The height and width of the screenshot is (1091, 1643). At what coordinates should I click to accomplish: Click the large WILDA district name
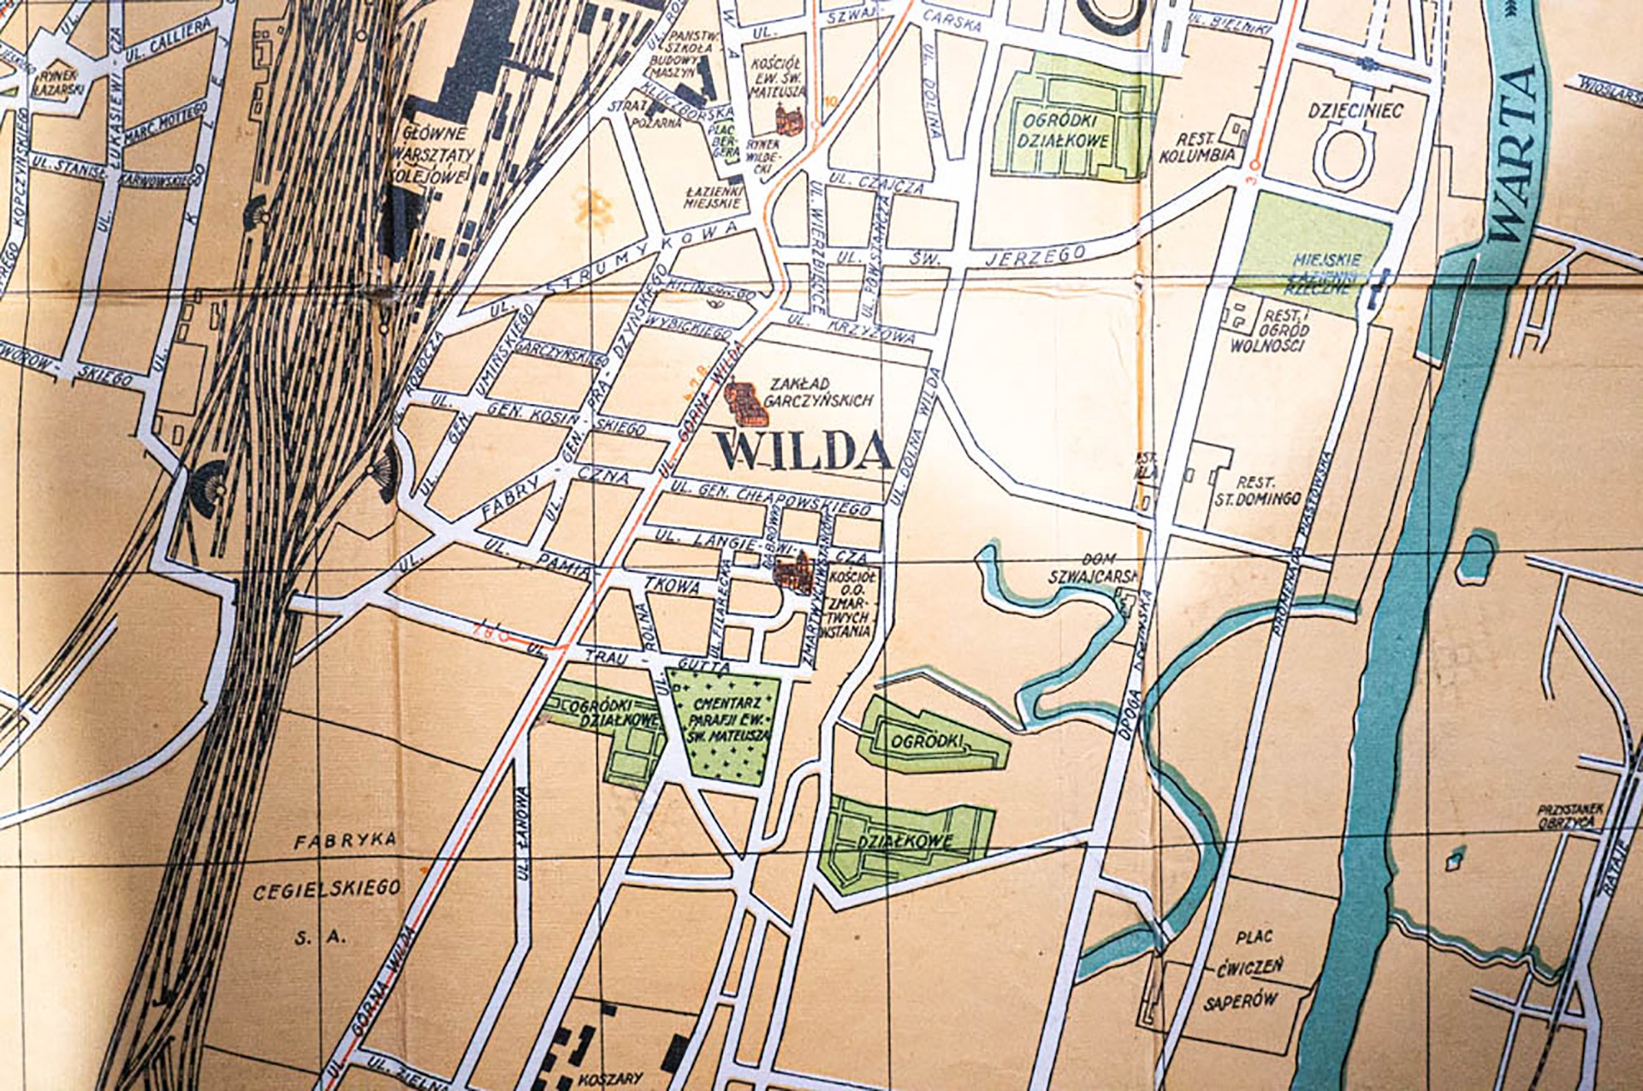[804, 452]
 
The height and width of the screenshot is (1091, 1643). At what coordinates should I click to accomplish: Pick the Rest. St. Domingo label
[1257, 490]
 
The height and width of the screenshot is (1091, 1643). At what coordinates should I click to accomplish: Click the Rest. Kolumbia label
[1197, 148]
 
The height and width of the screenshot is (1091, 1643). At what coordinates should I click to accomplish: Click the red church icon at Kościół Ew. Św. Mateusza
[786, 117]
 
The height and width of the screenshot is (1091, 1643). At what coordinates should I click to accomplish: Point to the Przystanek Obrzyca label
[1569, 815]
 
